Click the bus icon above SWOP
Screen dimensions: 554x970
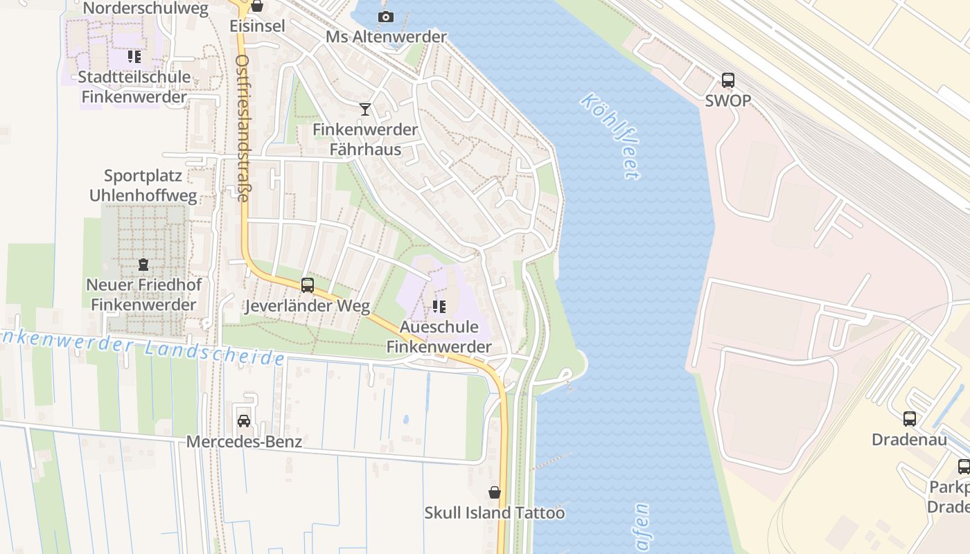click(728, 80)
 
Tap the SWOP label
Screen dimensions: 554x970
click(728, 101)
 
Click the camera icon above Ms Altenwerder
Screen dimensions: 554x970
click(386, 17)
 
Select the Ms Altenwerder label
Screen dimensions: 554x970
click(386, 37)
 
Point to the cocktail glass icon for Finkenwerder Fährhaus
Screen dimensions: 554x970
click(365, 109)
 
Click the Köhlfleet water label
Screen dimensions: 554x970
click(610, 136)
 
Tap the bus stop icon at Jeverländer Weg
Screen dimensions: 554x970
click(307, 285)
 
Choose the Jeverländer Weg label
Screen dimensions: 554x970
click(307, 305)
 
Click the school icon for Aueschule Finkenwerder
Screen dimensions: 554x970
click(439, 306)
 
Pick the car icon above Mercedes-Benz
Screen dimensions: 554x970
click(244, 421)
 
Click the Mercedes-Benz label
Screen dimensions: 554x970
click(244, 441)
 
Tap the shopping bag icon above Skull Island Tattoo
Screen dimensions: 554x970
click(495, 492)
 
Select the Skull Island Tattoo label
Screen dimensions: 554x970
click(495, 513)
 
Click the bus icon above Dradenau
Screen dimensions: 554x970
click(910, 419)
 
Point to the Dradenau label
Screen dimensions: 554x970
click(910, 440)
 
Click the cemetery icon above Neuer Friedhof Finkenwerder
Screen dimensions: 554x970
click(143, 265)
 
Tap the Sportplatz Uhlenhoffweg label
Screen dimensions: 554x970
click(143, 186)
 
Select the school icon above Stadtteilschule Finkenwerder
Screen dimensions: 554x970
click(134, 57)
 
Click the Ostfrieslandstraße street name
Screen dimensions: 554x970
click(242, 128)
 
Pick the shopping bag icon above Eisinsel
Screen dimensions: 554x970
click(257, 6)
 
